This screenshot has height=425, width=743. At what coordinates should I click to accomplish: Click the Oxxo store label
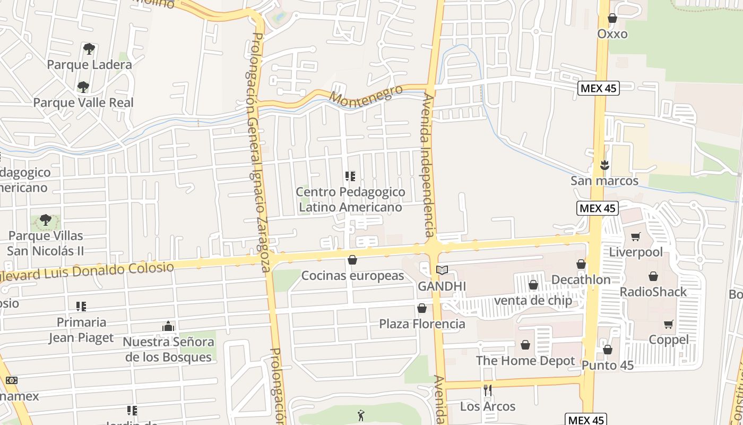click(x=612, y=34)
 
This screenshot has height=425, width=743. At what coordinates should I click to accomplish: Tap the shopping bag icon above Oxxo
click(x=612, y=18)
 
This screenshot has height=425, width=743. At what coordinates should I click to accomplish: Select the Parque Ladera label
click(x=89, y=65)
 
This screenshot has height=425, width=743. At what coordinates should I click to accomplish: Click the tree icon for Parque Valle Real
click(x=83, y=87)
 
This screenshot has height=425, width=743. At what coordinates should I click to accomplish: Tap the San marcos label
click(x=604, y=181)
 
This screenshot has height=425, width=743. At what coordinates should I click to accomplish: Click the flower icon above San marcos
click(x=604, y=165)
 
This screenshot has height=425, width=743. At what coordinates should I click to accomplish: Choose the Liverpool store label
click(x=636, y=252)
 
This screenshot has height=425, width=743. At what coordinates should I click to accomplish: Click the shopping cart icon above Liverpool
click(x=636, y=236)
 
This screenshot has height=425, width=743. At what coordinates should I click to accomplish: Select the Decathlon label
click(x=581, y=279)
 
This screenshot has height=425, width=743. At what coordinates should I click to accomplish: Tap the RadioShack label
click(x=653, y=292)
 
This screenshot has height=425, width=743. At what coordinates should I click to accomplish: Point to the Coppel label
click(x=669, y=339)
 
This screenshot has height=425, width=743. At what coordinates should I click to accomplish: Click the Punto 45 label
click(x=607, y=365)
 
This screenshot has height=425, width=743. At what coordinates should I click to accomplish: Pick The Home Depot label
click(x=525, y=361)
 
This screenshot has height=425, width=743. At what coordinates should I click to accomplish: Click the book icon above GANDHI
click(x=442, y=270)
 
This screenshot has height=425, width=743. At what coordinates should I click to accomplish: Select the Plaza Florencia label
click(x=422, y=324)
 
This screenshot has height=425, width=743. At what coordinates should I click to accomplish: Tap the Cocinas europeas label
click(x=352, y=276)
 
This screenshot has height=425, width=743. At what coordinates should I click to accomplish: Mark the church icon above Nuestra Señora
click(x=168, y=326)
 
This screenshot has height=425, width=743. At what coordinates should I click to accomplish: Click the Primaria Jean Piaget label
click(x=81, y=330)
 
